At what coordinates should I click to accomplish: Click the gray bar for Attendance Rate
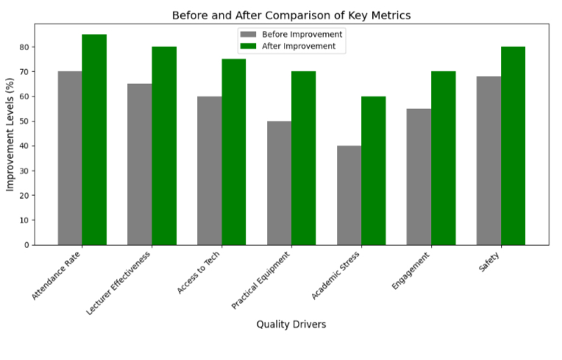[70, 158]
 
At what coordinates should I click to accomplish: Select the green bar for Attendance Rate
[94, 139]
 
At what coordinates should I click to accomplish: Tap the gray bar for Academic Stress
[349, 195]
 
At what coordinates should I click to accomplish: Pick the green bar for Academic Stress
[373, 170]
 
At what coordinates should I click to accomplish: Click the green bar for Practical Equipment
[303, 158]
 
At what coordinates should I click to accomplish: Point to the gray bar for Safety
[488, 160]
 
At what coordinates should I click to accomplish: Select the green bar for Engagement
[443, 158]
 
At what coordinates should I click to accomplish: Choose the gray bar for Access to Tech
[210, 170]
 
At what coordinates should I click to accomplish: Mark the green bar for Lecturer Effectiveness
[164, 146]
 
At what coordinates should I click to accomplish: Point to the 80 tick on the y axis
[24, 47]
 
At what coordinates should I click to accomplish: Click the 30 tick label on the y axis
[24, 171]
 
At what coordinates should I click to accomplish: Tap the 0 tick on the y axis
[27, 245]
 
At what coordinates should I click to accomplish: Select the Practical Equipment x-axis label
[262, 280]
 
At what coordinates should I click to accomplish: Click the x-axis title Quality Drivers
[291, 324]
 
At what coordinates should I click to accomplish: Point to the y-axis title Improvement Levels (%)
[10, 134]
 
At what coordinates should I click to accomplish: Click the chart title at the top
[291, 15]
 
